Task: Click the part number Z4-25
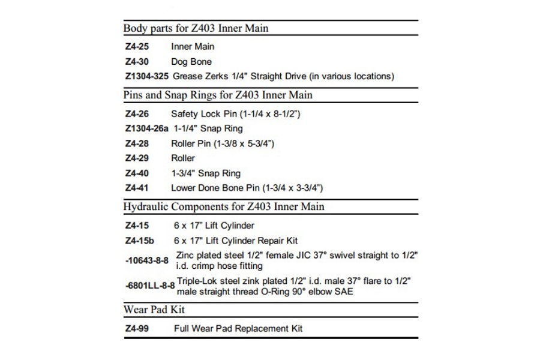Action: [x=136, y=46]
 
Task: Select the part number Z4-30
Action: [x=136, y=61]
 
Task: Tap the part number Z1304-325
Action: [x=146, y=76]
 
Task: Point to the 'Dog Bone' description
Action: [x=191, y=61]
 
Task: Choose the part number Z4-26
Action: [x=136, y=113]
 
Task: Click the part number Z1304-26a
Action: [x=147, y=128]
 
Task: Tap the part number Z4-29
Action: [x=136, y=158]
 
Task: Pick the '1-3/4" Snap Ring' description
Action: [x=206, y=173]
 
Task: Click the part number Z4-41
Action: [x=136, y=188]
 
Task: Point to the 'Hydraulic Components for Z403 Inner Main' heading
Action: [x=224, y=207]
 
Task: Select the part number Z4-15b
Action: [x=139, y=241]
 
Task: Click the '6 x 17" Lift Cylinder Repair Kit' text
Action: [x=235, y=241]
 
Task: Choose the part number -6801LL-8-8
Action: [x=150, y=286]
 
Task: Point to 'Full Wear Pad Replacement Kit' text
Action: [x=238, y=328]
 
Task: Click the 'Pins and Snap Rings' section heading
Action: [x=218, y=95]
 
